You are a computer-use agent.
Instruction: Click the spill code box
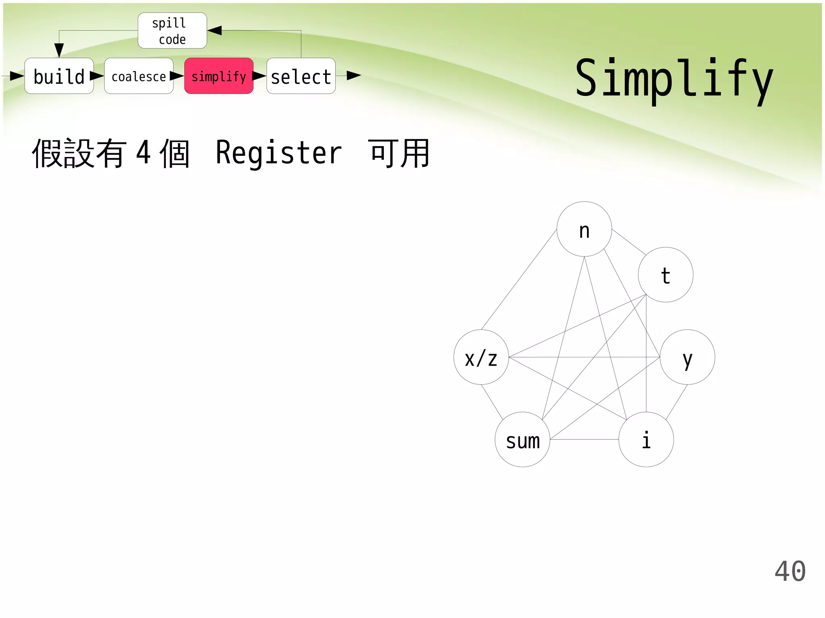pyautogui.click(x=172, y=31)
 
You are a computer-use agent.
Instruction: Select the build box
pyautogui.click(x=59, y=76)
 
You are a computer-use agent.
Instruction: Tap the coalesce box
pyautogui.click(x=139, y=76)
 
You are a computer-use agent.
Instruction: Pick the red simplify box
pyautogui.click(x=219, y=76)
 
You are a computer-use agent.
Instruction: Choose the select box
pyautogui.click(x=301, y=76)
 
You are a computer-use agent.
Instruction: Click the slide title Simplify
pyautogui.click(x=674, y=79)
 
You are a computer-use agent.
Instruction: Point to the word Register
pyautogui.click(x=279, y=153)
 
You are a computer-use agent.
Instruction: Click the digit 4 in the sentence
pyautogui.click(x=144, y=153)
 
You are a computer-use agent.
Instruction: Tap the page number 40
pyautogui.click(x=790, y=571)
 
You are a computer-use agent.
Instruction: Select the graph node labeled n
pyautogui.click(x=584, y=229)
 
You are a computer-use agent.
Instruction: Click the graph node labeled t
pyautogui.click(x=665, y=275)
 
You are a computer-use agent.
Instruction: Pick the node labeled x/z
pyautogui.click(x=481, y=357)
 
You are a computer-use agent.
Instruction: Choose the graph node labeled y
pyautogui.click(x=687, y=357)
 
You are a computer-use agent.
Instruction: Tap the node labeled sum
pyautogui.click(x=522, y=439)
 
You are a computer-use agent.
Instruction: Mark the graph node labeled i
pyautogui.click(x=646, y=439)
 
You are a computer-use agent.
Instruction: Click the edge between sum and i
pyautogui.click(x=584, y=439)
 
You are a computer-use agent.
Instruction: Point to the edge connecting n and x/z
pyautogui.click(x=519, y=280)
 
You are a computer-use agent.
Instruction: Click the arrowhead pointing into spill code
pyautogui.click(x=214, y=31)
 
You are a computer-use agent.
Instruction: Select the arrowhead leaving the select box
pyautogui.click(x=353, y=76)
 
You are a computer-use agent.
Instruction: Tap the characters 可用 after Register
pyautogui.click(x=399, y=153)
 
